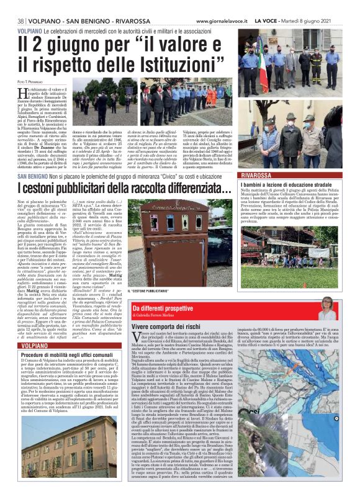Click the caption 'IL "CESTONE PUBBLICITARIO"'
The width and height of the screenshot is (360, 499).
pyautogui.click(x=151, y=290)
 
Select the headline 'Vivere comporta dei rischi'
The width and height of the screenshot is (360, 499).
pyautogui.click(x=172, y=326)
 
